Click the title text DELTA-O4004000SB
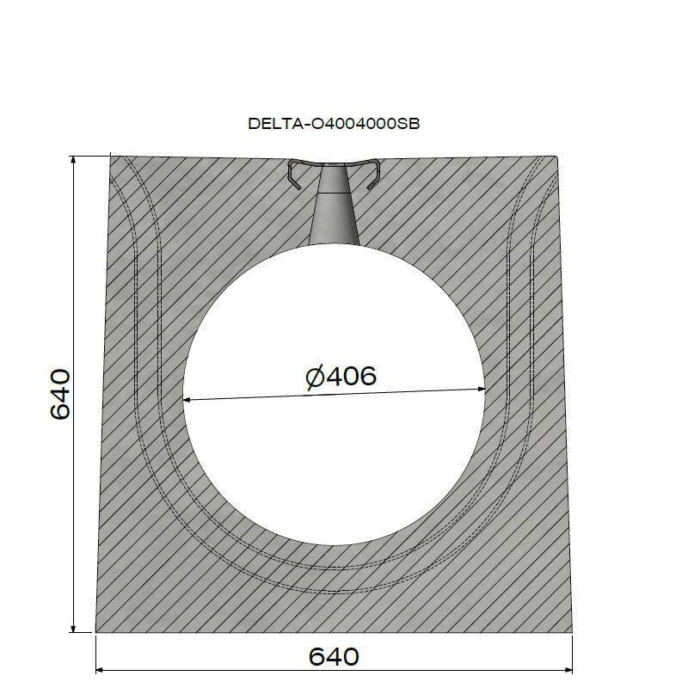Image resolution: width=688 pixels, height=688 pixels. coord(334,123)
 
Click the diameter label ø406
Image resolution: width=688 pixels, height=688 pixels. coord(341,377)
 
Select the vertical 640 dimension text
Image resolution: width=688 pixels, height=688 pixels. coord(59,394)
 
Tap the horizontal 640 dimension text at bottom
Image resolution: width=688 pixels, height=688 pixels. coord(334,657)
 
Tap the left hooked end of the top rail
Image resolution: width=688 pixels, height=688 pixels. coord(294,177)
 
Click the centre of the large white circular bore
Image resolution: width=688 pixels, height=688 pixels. coord(334,395)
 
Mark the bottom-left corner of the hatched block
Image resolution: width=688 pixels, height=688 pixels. coord(95,632)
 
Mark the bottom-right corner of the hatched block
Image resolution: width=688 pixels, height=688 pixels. coord(573,632)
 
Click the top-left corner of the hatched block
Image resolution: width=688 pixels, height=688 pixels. coord(111,157)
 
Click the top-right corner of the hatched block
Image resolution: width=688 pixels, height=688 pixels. coord(556,157)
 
